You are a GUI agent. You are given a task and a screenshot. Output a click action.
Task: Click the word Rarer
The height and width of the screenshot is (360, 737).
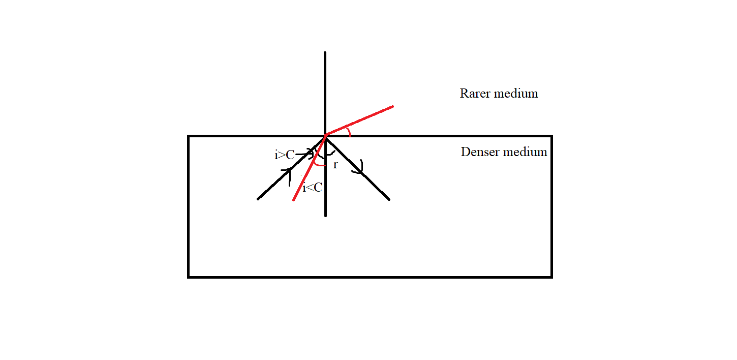pyautogui.click(x=475, y=94)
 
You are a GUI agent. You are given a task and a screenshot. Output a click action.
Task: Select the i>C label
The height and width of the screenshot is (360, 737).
pyautogui.click(x=285, y=155)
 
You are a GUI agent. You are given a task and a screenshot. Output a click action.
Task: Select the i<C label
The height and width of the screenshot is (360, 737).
pyautogui.click(x=312, y=188)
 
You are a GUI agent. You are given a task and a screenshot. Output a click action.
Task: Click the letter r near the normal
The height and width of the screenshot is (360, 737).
pyautogui.click(x=335, y=165)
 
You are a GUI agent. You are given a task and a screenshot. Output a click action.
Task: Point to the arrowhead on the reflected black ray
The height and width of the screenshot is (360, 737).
pyautogui.click(x=359, y=168)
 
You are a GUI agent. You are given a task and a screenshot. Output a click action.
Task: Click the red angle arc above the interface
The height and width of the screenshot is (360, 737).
pyautogui.click(x=349, y=132)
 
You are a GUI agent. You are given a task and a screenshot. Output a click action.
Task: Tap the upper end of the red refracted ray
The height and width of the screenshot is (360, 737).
pyautogui.click(x=393, y=106)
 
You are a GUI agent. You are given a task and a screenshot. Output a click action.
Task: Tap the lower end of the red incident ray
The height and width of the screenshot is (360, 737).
pyautogui.click(x=293, y=200)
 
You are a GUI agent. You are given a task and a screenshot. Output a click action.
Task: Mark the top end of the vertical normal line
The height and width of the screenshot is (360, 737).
pyautogui.click(x=325, y=52)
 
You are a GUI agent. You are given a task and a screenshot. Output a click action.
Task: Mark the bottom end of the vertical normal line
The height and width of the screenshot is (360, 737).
pyautogui.click(x=325, y=216)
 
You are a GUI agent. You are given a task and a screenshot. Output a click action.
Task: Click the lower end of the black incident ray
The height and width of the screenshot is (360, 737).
pyautogui.click(x=258, y=199)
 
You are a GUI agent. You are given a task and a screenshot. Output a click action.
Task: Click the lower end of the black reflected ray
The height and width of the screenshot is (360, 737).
pyautogui.click(x=389, y=199)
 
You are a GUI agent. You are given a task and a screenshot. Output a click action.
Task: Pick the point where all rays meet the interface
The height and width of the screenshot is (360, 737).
pyautogui.click(x=325, y=136)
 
